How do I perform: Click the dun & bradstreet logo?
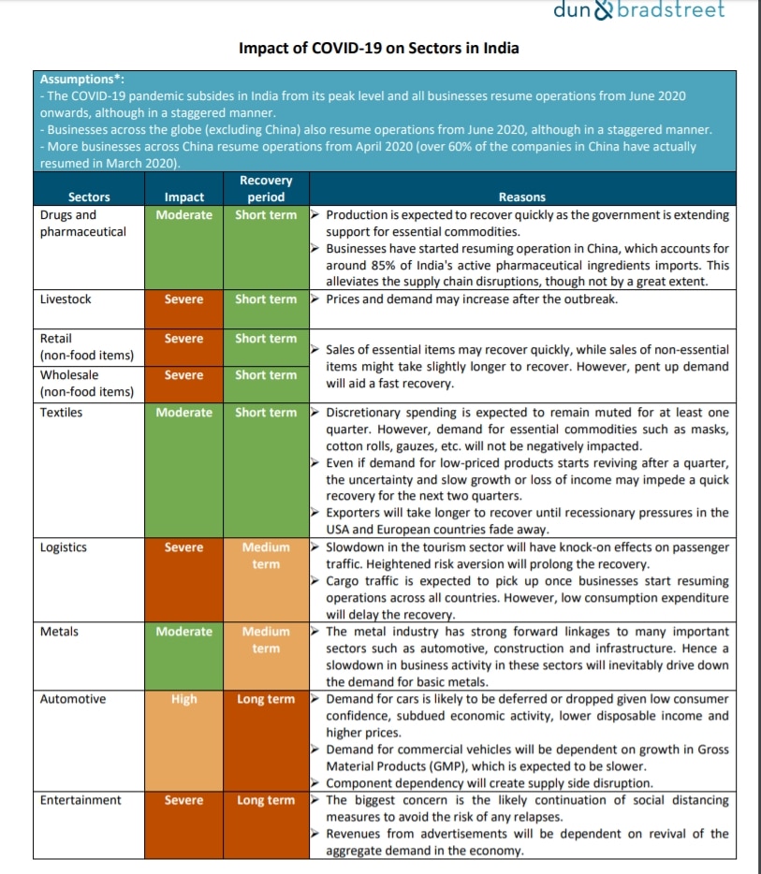651,11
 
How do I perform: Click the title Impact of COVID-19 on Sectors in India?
379,48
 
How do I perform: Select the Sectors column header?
89,197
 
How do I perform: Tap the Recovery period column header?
266,188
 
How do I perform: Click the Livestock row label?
66,299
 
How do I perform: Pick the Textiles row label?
62,413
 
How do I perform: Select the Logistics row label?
64,547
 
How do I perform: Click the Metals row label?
59,632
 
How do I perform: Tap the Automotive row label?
73,699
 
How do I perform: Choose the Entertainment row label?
80,800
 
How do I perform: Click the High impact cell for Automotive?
184,699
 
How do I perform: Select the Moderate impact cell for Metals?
184,632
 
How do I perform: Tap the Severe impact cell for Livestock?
184,299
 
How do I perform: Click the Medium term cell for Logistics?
266,556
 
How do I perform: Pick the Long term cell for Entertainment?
266,800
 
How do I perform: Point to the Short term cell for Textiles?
266,413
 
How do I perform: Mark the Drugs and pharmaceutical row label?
82,223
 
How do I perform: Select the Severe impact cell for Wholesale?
184,375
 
